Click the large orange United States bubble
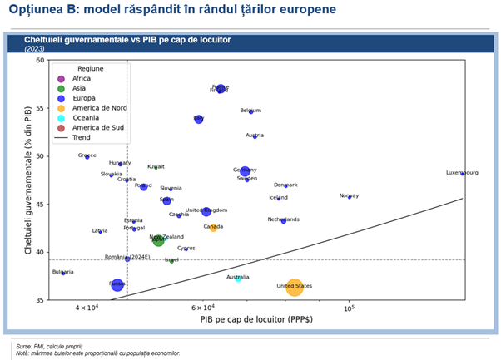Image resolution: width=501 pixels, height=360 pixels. (295, 288)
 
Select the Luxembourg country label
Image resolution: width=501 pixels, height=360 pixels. (462, 173)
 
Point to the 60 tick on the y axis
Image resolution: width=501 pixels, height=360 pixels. (40, 60)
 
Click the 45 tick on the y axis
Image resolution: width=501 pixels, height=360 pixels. (40, 204)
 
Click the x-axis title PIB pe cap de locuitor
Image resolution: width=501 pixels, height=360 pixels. (250, 318)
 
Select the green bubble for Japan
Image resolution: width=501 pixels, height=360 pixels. (158, 240)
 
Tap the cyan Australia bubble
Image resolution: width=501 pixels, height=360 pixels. (238, 278)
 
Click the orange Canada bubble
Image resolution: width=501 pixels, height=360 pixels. (213, 227)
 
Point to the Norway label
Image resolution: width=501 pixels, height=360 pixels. (349, 196)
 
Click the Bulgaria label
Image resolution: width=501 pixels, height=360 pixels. (62, 272)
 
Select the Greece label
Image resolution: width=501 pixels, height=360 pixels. (87, 155)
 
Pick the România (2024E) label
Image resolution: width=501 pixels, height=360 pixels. (127, 257)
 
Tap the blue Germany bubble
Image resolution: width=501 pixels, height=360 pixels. (245, 171)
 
